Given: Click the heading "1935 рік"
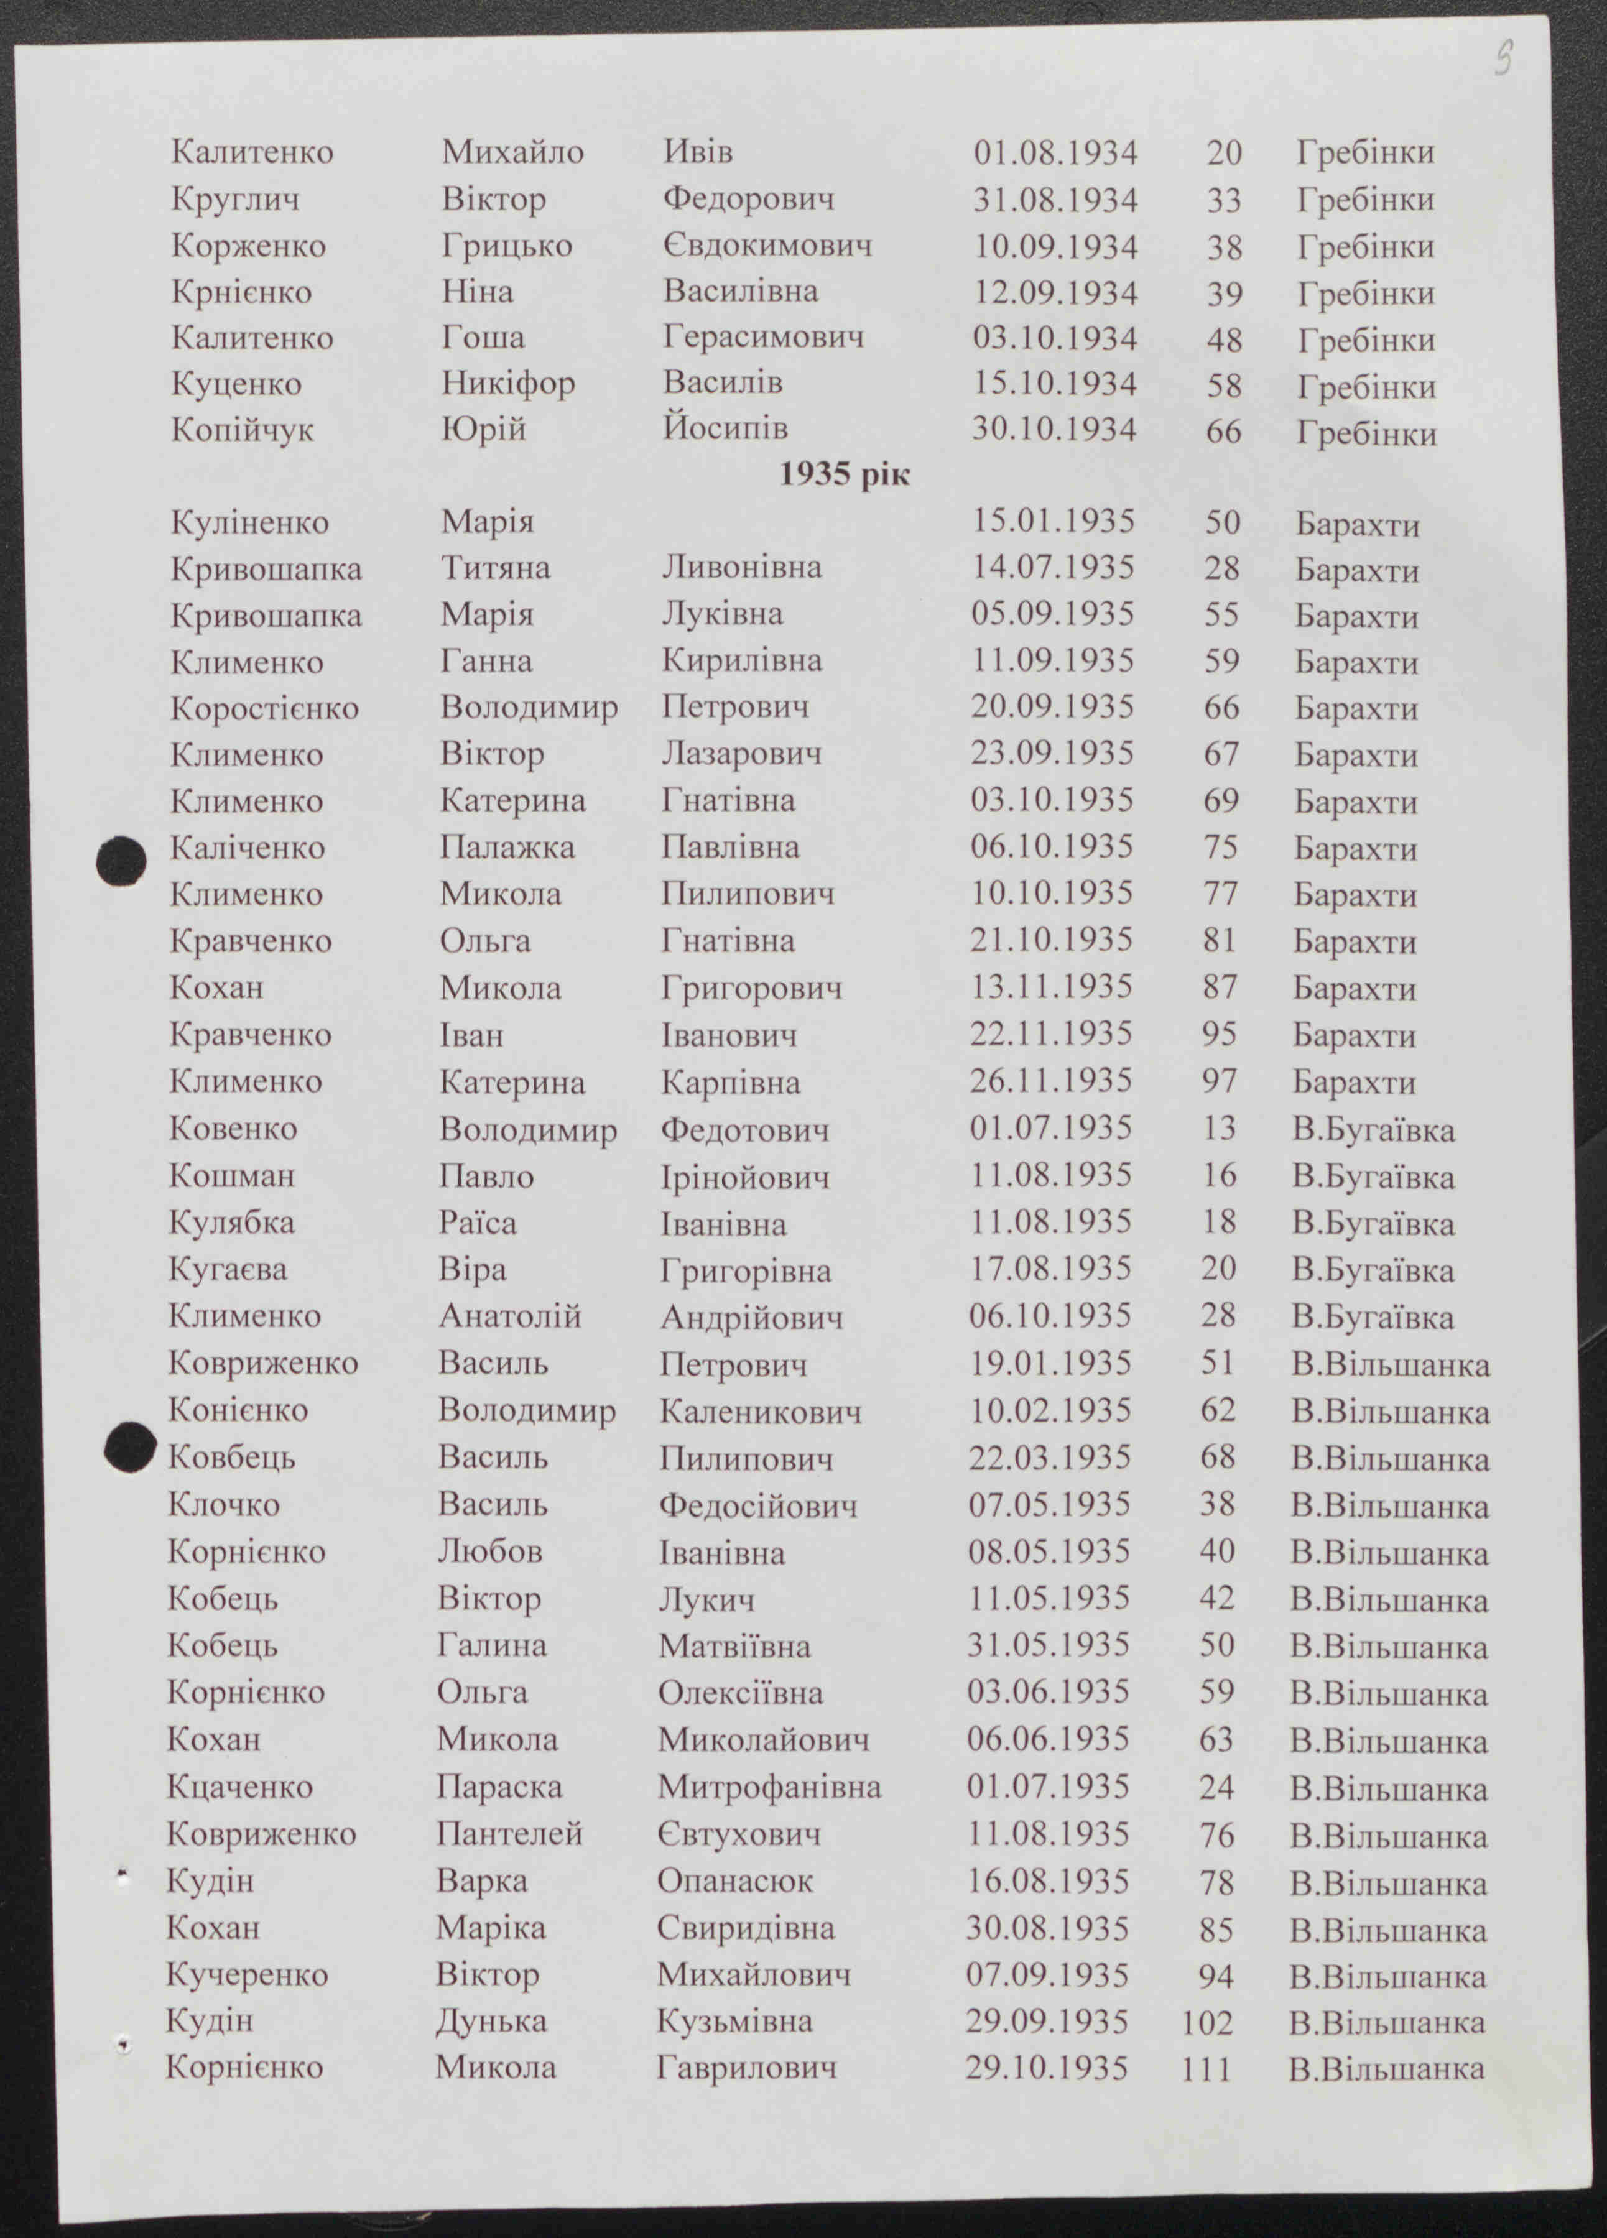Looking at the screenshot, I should tap(844, 474).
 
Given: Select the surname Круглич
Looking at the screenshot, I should tap(235, 200).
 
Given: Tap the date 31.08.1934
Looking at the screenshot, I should tap(1055, 200).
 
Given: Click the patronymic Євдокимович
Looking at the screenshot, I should tap(767, 246).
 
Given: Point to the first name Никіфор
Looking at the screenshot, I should tap(507, 383).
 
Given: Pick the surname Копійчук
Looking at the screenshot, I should tap(242, 430).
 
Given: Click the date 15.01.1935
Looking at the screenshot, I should tap(1054, 522).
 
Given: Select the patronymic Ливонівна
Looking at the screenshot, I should tap(741, 567).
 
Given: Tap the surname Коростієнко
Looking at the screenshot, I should tap(264, 708).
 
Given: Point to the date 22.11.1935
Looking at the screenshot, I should tap(1050, 1034).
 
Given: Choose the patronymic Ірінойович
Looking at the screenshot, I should tap(744, 1177).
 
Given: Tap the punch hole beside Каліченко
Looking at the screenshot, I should tap(121, 861).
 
